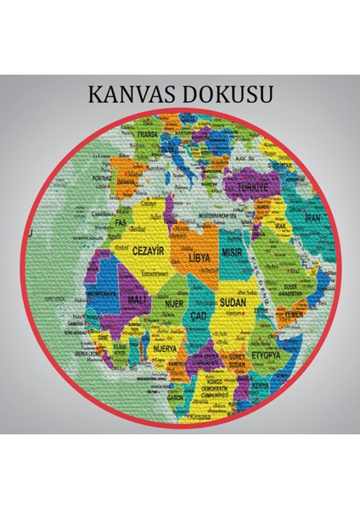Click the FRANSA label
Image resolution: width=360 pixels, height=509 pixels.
coord(149,135)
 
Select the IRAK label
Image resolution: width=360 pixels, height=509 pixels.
coord(281,228)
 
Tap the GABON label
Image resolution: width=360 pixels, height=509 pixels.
coord(177,397)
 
